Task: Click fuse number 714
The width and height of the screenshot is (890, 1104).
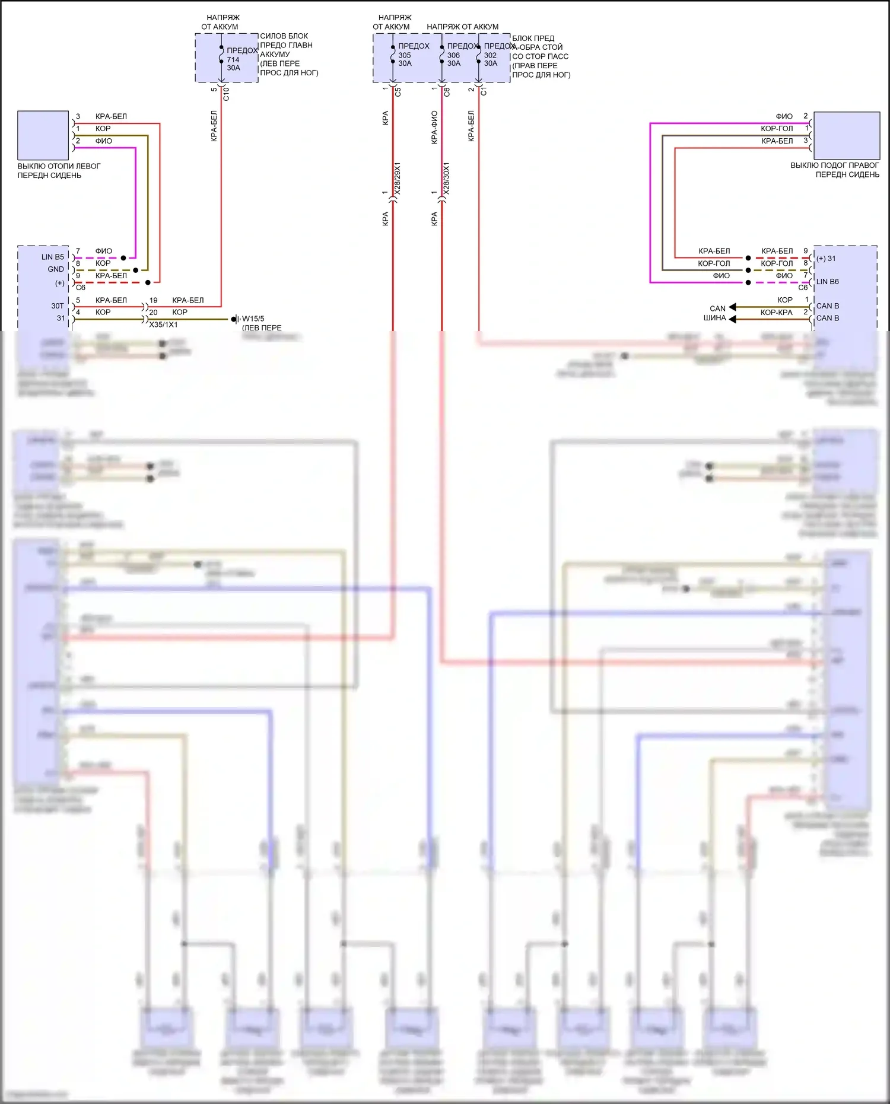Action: (x=233, y=59)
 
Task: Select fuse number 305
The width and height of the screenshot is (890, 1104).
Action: (x=405, y=55)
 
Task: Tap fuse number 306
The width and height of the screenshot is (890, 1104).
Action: (x=453, y=55)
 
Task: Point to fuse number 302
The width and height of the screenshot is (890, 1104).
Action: (x=490, y=55)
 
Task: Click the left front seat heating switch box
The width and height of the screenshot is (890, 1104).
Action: (x=43, y=135)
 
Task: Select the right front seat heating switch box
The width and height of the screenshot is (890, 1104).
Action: (x=846, y=135)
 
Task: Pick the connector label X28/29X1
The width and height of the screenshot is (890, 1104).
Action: (x=398, y=178)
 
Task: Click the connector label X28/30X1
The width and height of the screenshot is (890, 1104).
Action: (x=446, y=178)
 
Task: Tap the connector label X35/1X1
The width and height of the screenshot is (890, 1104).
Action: (x=163, y=325)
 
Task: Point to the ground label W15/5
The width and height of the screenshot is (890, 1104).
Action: (x=253, y=319)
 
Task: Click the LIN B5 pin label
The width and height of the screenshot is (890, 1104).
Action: (x=52, y=257)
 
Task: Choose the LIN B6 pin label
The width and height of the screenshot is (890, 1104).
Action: (x=828, y=282)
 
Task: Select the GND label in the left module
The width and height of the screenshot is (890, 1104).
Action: (x=56, y=269)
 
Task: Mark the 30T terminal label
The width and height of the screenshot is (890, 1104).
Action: (x=57, y=306)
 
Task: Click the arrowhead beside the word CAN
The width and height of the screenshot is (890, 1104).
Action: (x=732, y=307)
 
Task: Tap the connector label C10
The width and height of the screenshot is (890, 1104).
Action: (x=225, y=93)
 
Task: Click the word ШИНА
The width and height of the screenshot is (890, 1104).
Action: (x=714, y=318)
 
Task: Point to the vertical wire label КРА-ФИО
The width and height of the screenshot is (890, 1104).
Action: (x=434, y=127)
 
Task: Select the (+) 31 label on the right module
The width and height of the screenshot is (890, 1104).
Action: (x=826, y=259)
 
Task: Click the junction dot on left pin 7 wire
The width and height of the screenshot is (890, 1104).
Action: (x=123, y=258)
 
